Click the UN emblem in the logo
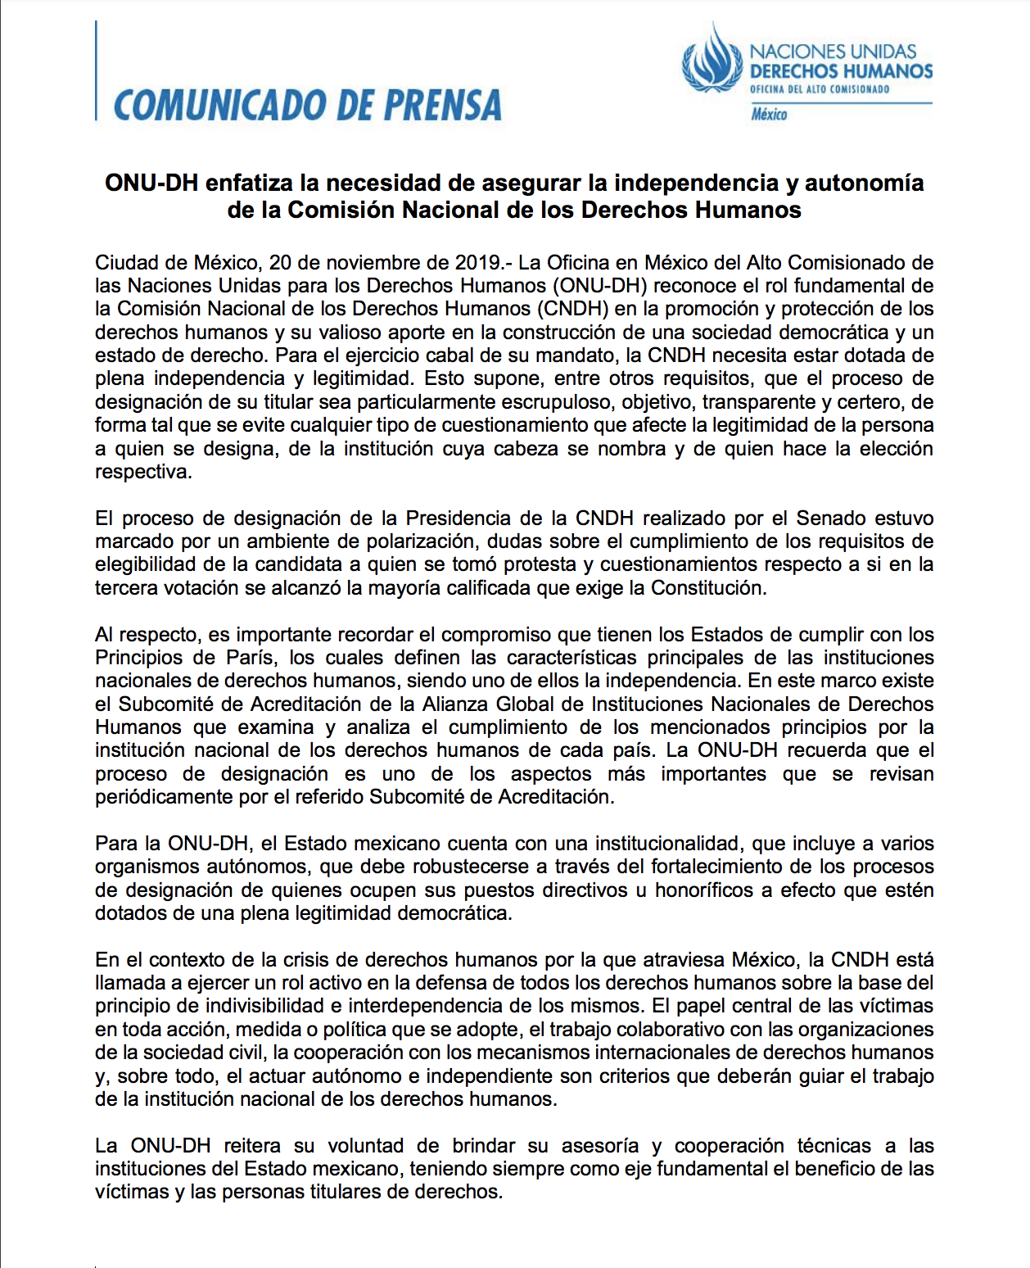[712, 59]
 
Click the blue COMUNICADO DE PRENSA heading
[307, 106]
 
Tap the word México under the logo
[769, 115]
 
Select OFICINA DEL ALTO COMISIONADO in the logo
[820, 89]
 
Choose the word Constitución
[708, 588]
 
